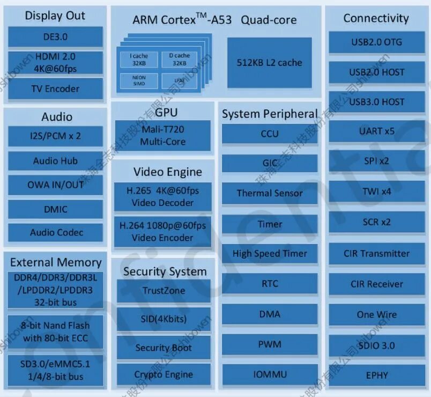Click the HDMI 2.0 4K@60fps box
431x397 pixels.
[55, 62]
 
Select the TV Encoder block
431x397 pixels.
[55, 89]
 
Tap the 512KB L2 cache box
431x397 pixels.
[269, 62]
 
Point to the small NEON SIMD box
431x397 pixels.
[139, 80]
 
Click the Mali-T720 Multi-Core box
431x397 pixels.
[162, 136]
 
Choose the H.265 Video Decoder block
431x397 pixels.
[162, 196]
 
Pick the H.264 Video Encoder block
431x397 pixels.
[162, 231]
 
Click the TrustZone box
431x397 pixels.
[164, 291]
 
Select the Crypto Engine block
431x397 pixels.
[164, 374]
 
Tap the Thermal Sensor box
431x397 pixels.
[270, 193]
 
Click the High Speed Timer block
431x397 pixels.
[270, 253]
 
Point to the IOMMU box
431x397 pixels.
[270, 374]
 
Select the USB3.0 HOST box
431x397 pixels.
[377, 101]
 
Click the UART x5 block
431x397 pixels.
[377, 131]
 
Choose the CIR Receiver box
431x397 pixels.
[377, 284]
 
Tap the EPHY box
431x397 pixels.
[377, 375]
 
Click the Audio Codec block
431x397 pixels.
[56, 232]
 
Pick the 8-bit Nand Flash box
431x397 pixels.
[56, 332]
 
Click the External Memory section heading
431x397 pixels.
[56, 262]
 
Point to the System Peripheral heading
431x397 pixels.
[270, 114]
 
